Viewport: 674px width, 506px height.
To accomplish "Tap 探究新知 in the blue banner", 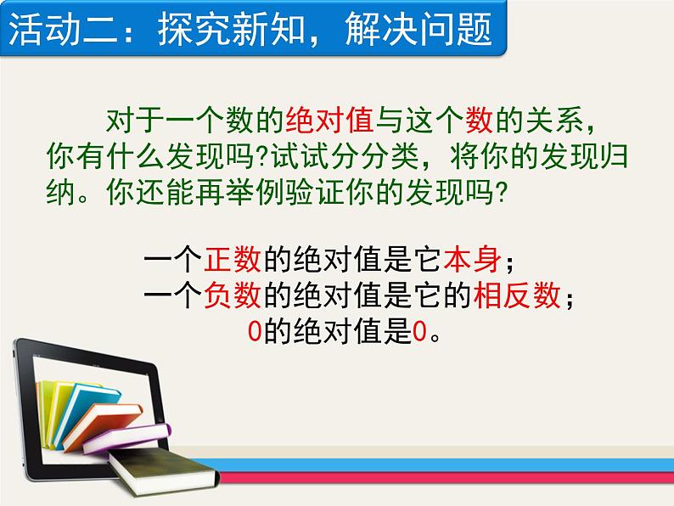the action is coord(232,29).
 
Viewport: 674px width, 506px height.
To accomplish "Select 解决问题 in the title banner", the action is coord(418,29).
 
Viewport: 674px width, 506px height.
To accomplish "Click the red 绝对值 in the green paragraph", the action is coord(329,120).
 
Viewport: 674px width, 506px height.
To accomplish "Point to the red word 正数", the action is coord(233,259).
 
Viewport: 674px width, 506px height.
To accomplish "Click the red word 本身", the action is coord(472,259).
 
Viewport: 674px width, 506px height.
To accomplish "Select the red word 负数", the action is coord(233,295).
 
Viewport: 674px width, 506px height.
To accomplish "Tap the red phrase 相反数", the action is coord(517,295).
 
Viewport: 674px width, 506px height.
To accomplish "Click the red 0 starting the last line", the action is coord(255,331).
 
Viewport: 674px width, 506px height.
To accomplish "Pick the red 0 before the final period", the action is coord(419,331).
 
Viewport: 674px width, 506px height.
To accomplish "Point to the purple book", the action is coord(126,438).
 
